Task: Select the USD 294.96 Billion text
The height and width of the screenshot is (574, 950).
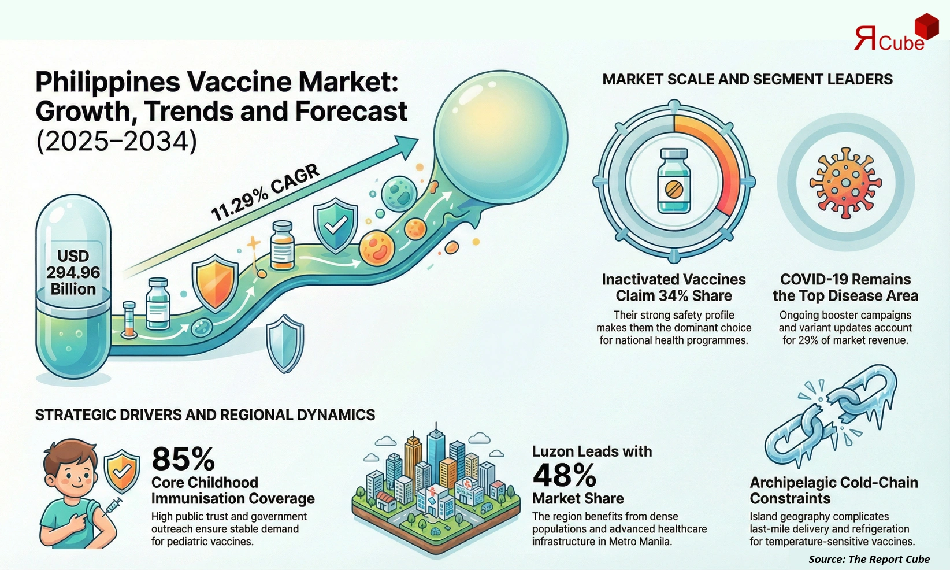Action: pyautogui.click(x=73, y=272)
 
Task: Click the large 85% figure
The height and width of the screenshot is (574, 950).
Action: pyautogui.click(x=183, y=459)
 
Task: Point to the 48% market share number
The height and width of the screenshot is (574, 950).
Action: pyautogui.click(x=564, y=475)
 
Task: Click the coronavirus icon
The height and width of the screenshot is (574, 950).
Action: pyautogui.click(x=845, y=182)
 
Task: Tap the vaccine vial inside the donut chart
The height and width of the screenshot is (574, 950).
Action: pyautogui.click(x=674, y=181)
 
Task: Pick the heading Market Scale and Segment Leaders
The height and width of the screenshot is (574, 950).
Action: pyautogui.click(x=747, y=79)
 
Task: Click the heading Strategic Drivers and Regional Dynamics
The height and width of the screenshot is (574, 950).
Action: pyautogui.click(x=205, y=414)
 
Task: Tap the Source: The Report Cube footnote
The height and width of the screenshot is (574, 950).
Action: pyautogui.click(x=869, y=559)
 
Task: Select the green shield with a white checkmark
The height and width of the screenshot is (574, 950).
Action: pyautogui.click(x=335, y=225)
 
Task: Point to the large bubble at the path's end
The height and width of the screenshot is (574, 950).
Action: pyautogui.click(x=500, y=136)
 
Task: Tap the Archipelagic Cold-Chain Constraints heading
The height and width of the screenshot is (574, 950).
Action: pyautogui.click(x=833, y=490)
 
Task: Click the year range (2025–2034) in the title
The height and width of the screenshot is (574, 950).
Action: pyautogui.click(x=116, y=141)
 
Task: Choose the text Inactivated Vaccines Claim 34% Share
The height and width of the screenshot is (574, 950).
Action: pyautogui.click(x=674, y=287)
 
